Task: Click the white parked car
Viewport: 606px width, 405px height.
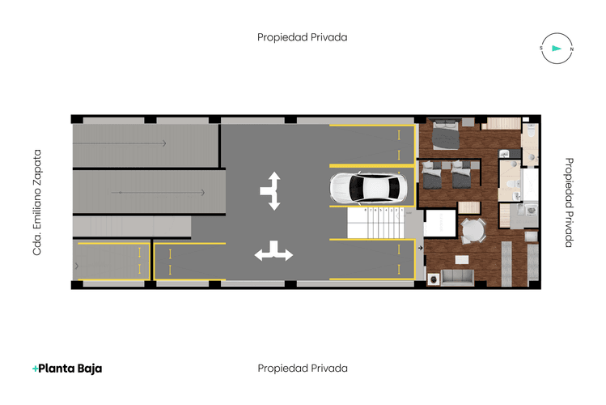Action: (366, 189)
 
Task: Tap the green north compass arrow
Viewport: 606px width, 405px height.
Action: (555, 49)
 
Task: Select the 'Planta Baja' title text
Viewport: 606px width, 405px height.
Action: (71, 369)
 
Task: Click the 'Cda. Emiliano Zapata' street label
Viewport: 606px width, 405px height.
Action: (36, 202)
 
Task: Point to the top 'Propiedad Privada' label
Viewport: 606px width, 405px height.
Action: (303, 37)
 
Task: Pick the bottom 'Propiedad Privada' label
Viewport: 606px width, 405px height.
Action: (303, 369)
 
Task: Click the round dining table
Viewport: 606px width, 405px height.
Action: (471, 232)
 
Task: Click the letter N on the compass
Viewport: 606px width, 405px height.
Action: (571, 49)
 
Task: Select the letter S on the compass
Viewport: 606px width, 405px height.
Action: (540, 49)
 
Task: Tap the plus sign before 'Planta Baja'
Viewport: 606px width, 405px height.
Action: (36, 369)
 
